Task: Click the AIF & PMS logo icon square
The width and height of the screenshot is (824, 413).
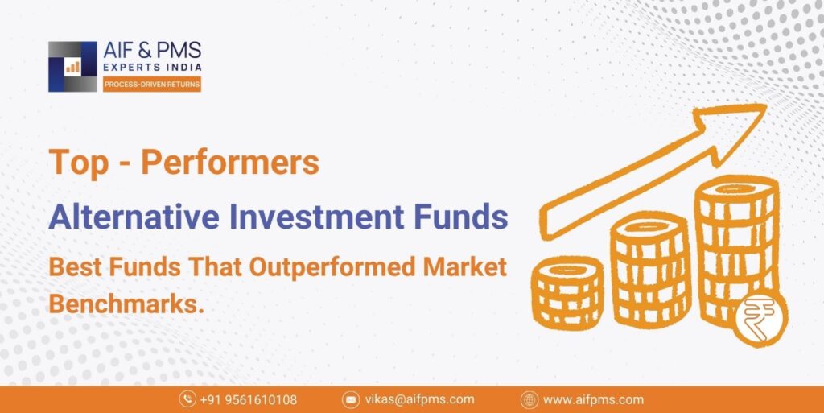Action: tap(72, 66)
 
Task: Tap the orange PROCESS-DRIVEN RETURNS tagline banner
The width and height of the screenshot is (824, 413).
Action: tap(151, 85)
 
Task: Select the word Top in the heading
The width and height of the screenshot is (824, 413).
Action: tap(79, 163)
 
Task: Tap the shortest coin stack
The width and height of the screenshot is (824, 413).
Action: tap(567, 290)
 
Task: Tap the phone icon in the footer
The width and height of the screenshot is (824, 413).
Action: tap(187, 399)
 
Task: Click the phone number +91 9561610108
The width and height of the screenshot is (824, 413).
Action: tap(248, 399)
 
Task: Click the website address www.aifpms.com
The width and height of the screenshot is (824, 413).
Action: tap(593, 399)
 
